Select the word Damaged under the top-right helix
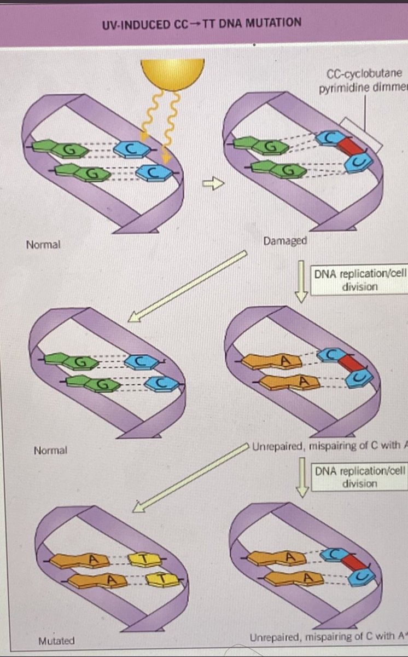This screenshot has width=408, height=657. point(285,241)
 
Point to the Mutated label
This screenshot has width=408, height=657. point(56,640)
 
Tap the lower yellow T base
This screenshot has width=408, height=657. point(160,578)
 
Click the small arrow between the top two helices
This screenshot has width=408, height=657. point(218,186)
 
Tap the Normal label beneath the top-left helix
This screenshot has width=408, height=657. point(43,244)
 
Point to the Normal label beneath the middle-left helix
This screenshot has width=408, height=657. point(50,451)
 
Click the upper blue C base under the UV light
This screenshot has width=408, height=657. point(131,148)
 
